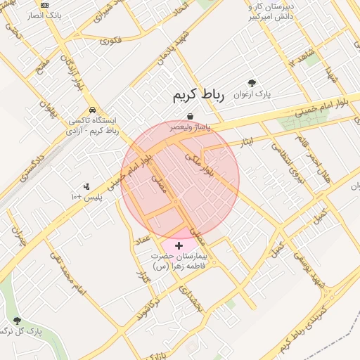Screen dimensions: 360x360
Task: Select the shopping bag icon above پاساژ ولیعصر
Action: point(191,117)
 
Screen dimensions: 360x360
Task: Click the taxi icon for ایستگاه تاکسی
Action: point(92,110)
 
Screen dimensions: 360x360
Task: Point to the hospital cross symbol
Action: point(179,245)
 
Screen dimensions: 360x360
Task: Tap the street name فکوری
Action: point(111,40)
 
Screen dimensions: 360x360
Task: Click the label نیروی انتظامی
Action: point(285,161)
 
